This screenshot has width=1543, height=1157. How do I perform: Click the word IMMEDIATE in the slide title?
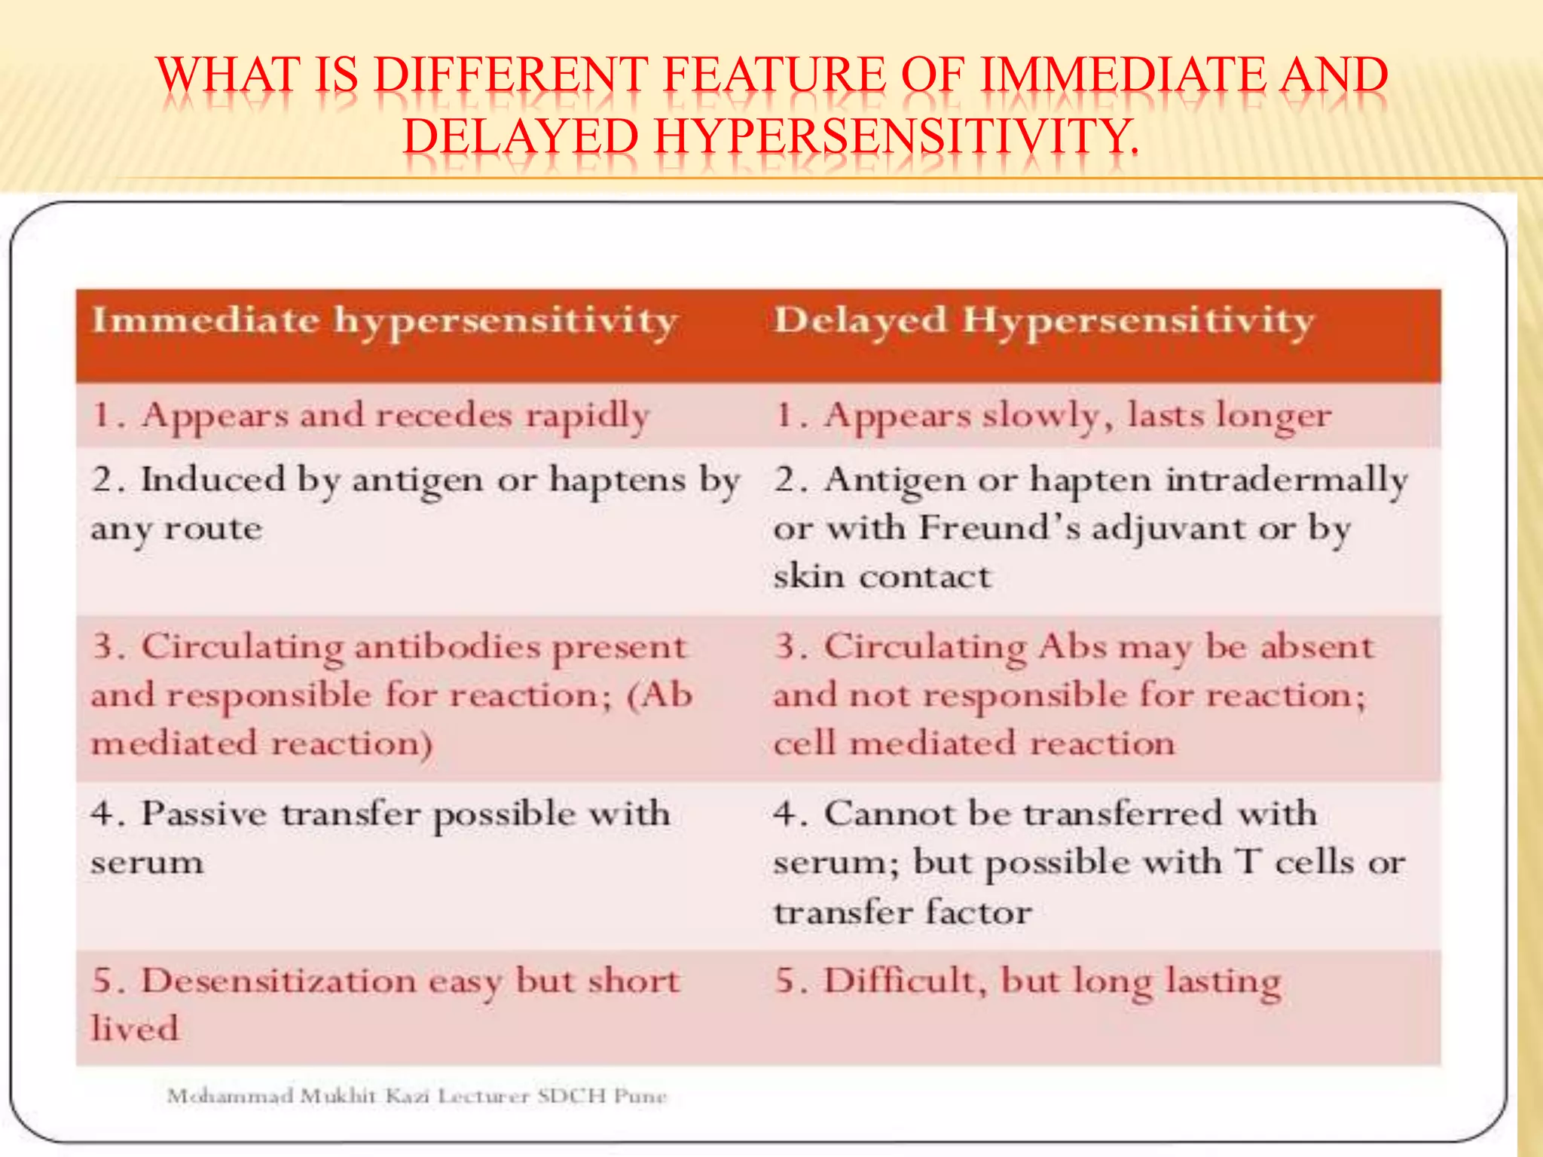(x=1123, y=76)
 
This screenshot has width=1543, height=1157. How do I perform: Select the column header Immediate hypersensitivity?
(x=383, y=322)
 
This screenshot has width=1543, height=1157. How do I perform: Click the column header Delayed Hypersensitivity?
(x=1043, y=322)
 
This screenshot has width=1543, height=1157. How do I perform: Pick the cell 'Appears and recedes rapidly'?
(x=370, y=416)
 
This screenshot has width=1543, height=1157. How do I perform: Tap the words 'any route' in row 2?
(x=177, y=529)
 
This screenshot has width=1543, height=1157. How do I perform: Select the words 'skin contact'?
(x=881, y=577)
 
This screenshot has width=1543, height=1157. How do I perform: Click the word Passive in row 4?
(x=203, y=814)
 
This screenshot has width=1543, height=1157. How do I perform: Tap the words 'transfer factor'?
(x=902, y=912)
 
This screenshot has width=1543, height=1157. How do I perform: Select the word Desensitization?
(x=280, y=981)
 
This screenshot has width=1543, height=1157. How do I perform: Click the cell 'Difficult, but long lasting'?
(x=1028, y=981)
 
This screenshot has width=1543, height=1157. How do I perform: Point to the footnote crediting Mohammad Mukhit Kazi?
(x=417, y=1096)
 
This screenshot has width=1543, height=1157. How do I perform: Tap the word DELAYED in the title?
(x=521, y=138)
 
